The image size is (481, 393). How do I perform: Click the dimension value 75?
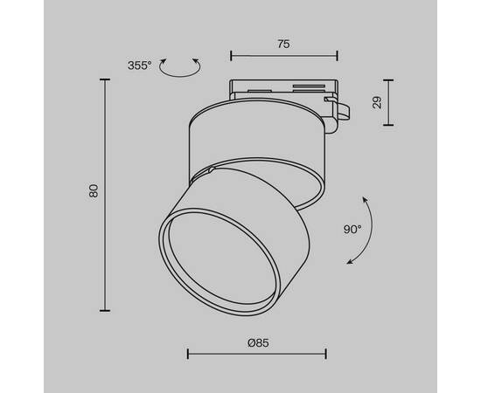click(x=282, y=43)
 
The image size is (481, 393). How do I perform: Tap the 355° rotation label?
click(x=139, y=65)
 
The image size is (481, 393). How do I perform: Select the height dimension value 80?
click(x=94, y=193)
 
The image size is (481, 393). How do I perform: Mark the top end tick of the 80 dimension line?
click(x=106, y=79)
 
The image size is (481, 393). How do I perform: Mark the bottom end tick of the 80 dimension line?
click(x=106, y=310)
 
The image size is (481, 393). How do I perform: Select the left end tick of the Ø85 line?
click(x=189, y=354)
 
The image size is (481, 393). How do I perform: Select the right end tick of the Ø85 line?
click(x=325, y=354)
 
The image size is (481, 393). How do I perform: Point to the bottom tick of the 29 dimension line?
click(x=388, y=123)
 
